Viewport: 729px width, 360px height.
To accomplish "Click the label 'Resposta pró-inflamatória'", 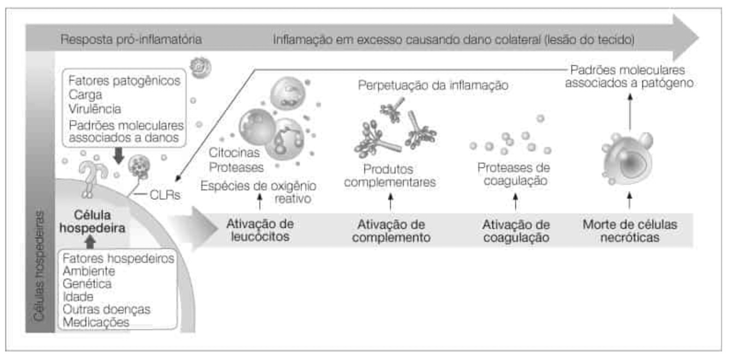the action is (x=131, y=40).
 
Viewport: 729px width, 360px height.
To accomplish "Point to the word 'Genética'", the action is (x=87, y=284).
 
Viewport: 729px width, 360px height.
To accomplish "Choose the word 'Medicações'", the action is (x=96, y=323).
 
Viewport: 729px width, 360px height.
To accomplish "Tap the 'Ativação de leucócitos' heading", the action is (x=260, y=231).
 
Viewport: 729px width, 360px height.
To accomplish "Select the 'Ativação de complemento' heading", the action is (x=391, y=231).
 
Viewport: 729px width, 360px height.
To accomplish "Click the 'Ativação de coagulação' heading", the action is (x=516, y=231).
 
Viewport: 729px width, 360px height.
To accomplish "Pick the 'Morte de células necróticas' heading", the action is (x=630, y=231).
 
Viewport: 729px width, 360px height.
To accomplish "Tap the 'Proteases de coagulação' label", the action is (x=514, y=174).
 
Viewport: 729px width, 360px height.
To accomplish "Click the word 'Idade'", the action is (x=79, y=297).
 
